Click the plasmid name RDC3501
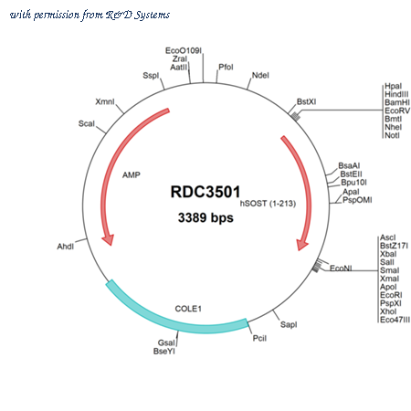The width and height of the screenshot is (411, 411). coord(205,192)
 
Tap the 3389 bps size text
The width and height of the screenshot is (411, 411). coord(205,217)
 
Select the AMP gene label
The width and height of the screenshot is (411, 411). coord(132,175)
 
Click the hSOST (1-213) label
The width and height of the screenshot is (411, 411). coord(268,203)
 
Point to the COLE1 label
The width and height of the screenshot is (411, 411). coord(188,309)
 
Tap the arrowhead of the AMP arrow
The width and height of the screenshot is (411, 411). coord(109,239)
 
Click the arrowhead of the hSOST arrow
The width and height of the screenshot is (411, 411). coord(302,245)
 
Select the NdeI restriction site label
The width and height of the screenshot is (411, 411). coord(260,75)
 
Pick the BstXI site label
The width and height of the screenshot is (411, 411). coord(306,101)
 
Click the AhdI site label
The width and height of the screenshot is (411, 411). coord(66,247)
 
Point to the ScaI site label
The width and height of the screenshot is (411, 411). coord(87,123)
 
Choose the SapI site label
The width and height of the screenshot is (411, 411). coord(289,324)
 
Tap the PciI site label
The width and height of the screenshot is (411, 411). coord(259,338)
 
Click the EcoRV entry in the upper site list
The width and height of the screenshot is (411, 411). coord(397,111)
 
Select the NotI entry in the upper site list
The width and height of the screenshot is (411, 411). coord(392,135)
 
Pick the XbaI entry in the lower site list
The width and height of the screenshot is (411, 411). coord(388,254)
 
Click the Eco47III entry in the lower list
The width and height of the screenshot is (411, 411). coord(395,320)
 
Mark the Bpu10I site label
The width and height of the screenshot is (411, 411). coord(353,183)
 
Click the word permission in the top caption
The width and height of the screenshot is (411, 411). coord(57,15)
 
